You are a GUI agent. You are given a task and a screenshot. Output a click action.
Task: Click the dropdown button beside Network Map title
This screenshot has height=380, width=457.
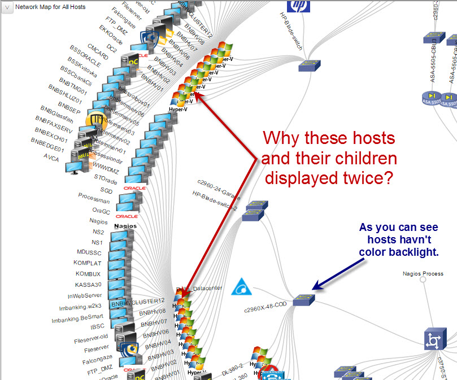point(7,7)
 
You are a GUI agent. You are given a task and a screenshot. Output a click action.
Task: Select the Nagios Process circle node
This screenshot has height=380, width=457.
point(423,279)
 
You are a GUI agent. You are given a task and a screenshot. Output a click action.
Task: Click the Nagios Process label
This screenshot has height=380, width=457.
point(423,274)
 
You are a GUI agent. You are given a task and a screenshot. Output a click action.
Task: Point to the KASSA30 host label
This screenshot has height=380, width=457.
point(87,284)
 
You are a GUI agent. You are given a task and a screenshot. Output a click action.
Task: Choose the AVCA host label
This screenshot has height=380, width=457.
point(51,158)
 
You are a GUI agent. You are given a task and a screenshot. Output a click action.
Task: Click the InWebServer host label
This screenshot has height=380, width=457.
point(85,295)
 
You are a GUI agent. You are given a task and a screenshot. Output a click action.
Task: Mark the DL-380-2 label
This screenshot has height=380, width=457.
point(233,366)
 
